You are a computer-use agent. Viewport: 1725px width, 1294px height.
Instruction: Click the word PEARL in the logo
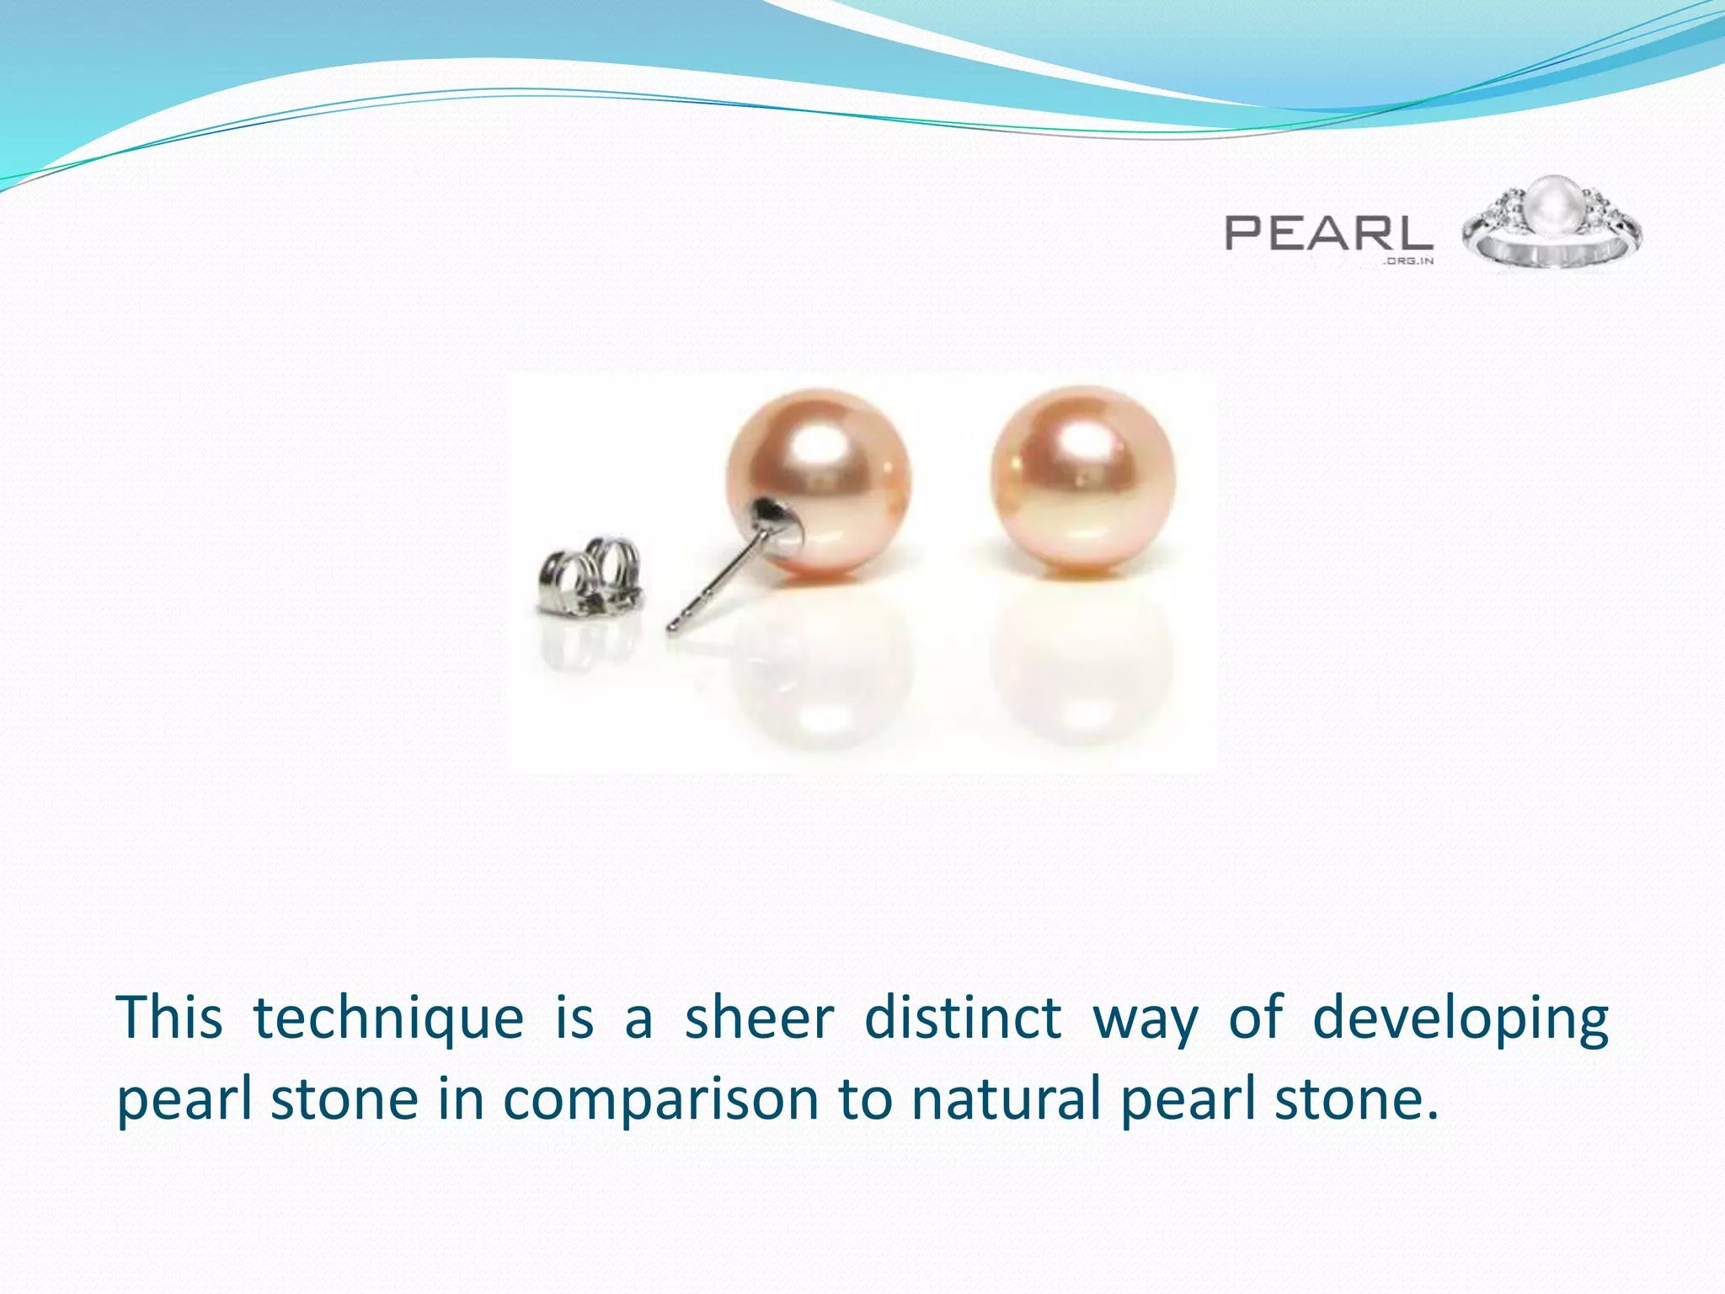(1328, 233)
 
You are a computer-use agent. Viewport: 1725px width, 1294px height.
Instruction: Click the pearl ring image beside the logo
(1551, 226)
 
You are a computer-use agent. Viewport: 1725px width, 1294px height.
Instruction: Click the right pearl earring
(1082, 478)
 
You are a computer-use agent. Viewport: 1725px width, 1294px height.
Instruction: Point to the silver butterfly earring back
(590, 575)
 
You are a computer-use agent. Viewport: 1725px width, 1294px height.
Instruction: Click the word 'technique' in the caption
(388, 1018)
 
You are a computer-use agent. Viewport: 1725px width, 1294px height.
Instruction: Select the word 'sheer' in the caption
(759, 1018)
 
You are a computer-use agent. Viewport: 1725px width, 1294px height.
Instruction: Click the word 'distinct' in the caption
(963, 1018)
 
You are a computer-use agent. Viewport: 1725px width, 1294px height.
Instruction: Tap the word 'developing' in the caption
(1460, 1019)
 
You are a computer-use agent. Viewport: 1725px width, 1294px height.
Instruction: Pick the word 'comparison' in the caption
(661, 1100)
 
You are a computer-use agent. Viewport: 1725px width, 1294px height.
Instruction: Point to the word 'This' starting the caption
(169, 1018)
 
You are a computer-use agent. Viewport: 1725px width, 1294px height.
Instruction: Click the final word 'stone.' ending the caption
(1356, 1099)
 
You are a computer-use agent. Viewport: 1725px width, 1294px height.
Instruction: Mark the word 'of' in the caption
(1256, 1018)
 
